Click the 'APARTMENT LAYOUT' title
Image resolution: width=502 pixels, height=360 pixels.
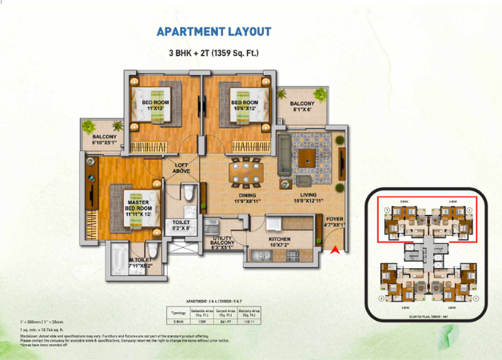[x=213, y=32]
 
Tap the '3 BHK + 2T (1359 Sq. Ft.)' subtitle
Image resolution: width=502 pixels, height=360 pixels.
[x=213, y=54]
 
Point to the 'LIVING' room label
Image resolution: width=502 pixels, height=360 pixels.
[x=309, y=198]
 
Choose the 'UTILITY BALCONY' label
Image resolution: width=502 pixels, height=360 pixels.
[x=222, y=242]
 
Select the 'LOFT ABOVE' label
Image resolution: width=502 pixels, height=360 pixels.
[x=182, y=168]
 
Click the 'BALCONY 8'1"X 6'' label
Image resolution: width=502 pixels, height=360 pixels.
[x=302, y=106]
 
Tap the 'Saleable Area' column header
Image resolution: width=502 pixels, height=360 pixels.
[x=201, y=312]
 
